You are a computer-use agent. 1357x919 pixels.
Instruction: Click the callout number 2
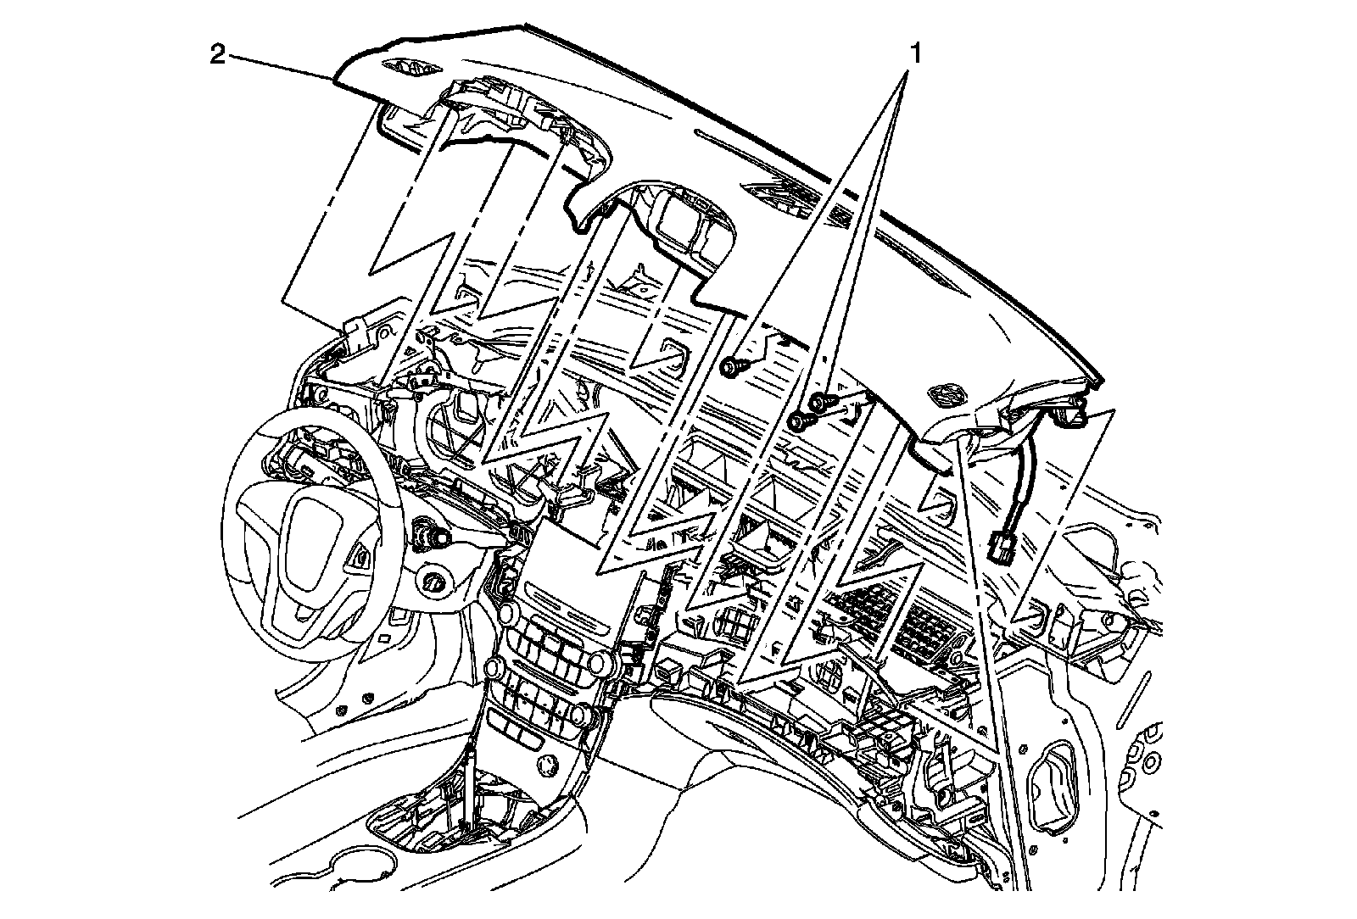pyautogui.click(x=219, y=56)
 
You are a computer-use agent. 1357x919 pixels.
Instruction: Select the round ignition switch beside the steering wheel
pyautogui.click(x=436, y=583)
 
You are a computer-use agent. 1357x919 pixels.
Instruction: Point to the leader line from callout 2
pyautogui.click(x=280, y=68)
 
